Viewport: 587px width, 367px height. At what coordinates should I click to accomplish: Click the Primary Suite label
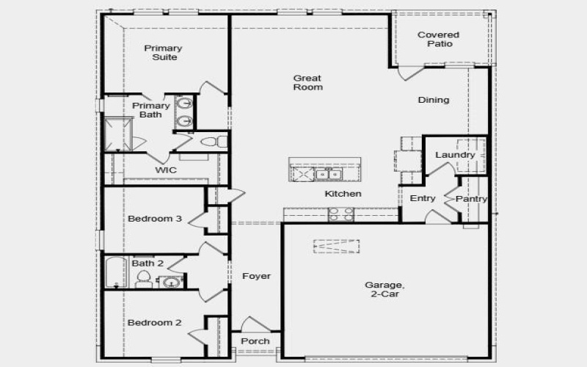(163, 53)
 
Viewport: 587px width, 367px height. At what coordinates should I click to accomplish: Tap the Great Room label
(308, 82)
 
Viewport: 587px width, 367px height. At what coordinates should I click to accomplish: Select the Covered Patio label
(439, 39)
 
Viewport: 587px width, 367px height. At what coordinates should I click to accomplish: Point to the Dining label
(434, 100)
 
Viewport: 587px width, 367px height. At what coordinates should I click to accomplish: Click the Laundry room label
(455, 155)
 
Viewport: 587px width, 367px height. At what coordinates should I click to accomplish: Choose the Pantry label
(471, 199)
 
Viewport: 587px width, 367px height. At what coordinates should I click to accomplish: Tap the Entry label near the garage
(423, 198)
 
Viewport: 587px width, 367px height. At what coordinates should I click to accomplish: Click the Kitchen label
(343, 194)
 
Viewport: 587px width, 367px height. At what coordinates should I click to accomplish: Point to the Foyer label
(257, 276)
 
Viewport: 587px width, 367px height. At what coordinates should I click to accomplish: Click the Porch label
(255, 341)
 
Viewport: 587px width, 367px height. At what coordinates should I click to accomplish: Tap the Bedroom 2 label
(154, 322)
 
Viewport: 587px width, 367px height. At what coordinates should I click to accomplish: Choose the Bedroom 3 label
(154, 219)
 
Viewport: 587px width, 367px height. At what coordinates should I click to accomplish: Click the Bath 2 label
(147, 263)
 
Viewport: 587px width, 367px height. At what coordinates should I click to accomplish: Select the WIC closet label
(165, 170)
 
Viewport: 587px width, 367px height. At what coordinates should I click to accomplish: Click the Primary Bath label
(151, 110)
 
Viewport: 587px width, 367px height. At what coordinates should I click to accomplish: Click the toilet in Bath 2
(144, 279)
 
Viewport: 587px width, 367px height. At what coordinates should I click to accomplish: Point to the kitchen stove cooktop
(340, 214)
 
